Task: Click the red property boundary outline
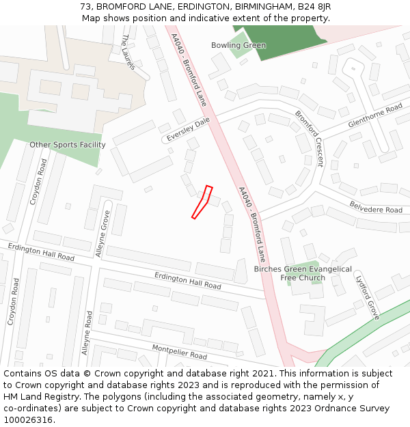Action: coord(202,202)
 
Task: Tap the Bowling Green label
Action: coord(238,46)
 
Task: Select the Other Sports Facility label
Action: coord(68,145)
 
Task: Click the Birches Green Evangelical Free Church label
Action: coord(303,273)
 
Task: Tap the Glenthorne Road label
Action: coord(375,116)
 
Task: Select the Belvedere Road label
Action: coord(376,206)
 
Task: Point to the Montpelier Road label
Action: coord(179,352)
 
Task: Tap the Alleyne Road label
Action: coord(87,333)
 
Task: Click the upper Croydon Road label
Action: coord(38,182)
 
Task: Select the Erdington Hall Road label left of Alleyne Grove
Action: coord(41,251)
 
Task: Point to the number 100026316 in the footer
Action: coord(27,419)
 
